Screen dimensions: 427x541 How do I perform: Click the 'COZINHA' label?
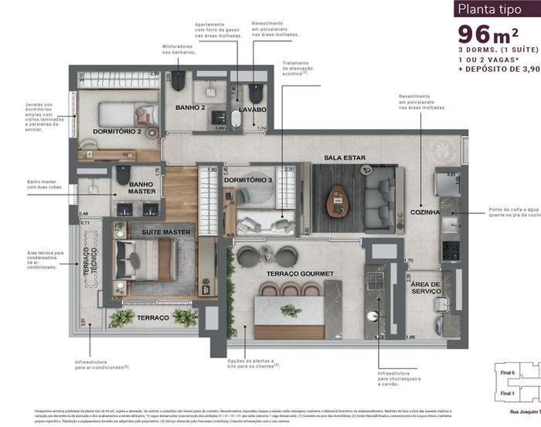(x=426, y=212)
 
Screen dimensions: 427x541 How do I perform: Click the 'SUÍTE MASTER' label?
(x=165, y=232)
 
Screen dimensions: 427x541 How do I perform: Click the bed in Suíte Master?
(x=147, y=259)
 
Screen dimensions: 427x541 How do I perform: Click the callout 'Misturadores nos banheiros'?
(x=177, y=49)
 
